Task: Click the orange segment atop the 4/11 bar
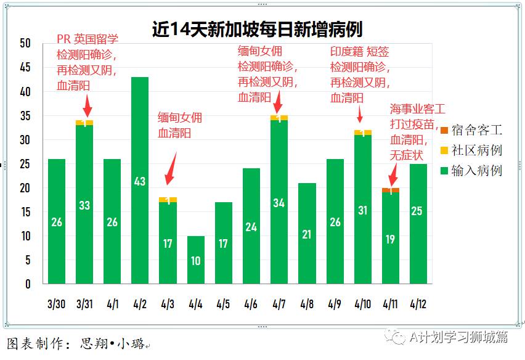(391, 189)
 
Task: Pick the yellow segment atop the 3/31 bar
(84, 123)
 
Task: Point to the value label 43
(140, 181)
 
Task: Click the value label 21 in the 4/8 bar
(307, 234)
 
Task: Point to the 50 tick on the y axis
(25, 43)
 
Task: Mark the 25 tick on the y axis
(25, 164)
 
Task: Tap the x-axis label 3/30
(57, 304)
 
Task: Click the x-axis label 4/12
(418, 304)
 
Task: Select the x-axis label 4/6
(251, 304)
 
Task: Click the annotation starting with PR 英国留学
(87, 62)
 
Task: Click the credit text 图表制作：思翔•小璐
(77, 343)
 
